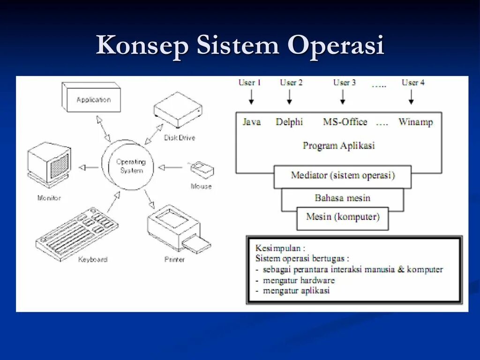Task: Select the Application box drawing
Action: point(92,99)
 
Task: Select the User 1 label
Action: point(249,82)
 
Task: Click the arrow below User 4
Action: point(411,97)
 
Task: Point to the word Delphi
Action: point(289,122)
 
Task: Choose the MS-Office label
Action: point(345,122)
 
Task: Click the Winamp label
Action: point(416,122)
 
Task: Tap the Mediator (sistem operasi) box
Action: point(343,176)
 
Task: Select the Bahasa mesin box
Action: point(342,198)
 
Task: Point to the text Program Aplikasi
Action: point(338,145)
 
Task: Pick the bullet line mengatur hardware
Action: point(299,280)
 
